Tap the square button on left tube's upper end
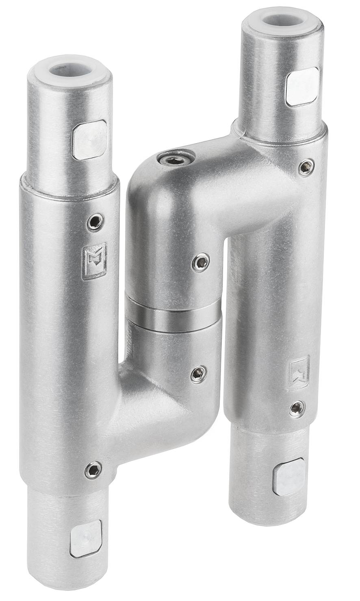(89, 139)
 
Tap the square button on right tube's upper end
(303, 86)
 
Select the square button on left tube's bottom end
(86, 538)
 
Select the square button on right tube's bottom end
(289, 477)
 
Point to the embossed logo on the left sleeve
(95, 261)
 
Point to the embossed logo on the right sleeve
(299, 372)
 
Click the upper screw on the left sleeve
(95, 222)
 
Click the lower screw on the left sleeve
(93, 470)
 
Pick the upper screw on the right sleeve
(306, 167)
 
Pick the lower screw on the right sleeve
(297, 409)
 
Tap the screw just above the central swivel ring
(201, 262)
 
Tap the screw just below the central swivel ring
(198, 373)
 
